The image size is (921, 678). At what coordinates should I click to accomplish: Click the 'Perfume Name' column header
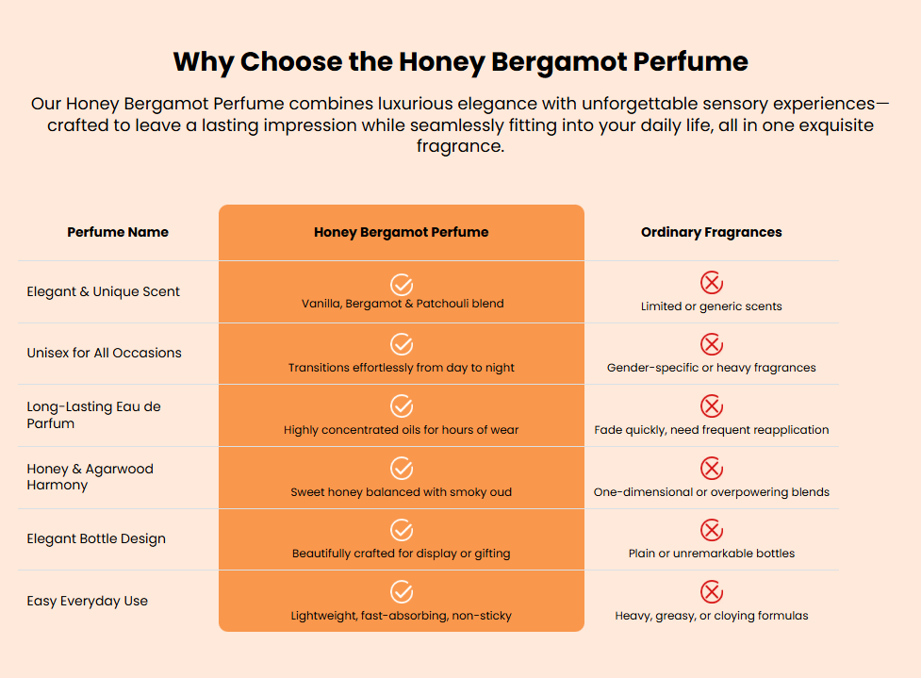coord(118,232)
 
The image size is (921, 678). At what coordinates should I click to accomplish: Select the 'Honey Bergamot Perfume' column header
coord(402,232)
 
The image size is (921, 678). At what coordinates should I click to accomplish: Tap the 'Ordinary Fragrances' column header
coord(712,232)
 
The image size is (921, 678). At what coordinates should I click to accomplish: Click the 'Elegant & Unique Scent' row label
coord(104,291)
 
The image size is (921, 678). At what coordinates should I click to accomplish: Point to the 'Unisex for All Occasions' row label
coord(104,353)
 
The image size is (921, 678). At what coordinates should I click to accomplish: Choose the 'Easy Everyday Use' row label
coord(87,601)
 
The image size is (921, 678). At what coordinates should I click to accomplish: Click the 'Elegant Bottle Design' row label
coord(96,538)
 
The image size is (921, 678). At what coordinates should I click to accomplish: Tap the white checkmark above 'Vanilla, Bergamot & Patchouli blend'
coord(402,285)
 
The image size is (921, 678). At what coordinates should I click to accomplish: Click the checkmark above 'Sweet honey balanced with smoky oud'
coord(402,469)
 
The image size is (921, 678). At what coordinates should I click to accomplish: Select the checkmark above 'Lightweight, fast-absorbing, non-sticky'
coord(402,591)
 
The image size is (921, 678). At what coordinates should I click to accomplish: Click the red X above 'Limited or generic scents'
coord(712,283)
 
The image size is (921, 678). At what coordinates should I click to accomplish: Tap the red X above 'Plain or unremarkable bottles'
coord(712,530)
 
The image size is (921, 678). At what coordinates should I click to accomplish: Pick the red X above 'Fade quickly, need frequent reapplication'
coord(712,406)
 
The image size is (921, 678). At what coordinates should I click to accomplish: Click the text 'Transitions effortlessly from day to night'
coord(402,368)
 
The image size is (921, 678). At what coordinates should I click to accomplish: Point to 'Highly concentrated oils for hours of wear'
coord(402,429)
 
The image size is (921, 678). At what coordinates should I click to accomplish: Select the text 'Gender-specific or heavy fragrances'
coord(712,368)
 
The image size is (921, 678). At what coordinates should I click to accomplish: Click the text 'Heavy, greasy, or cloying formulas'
coord(712,616)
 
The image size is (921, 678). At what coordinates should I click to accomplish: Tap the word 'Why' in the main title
coord(204,62)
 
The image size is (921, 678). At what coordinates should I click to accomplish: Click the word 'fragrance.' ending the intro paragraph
coord(460,146)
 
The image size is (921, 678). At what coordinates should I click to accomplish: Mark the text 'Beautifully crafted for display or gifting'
coord(402,554)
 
